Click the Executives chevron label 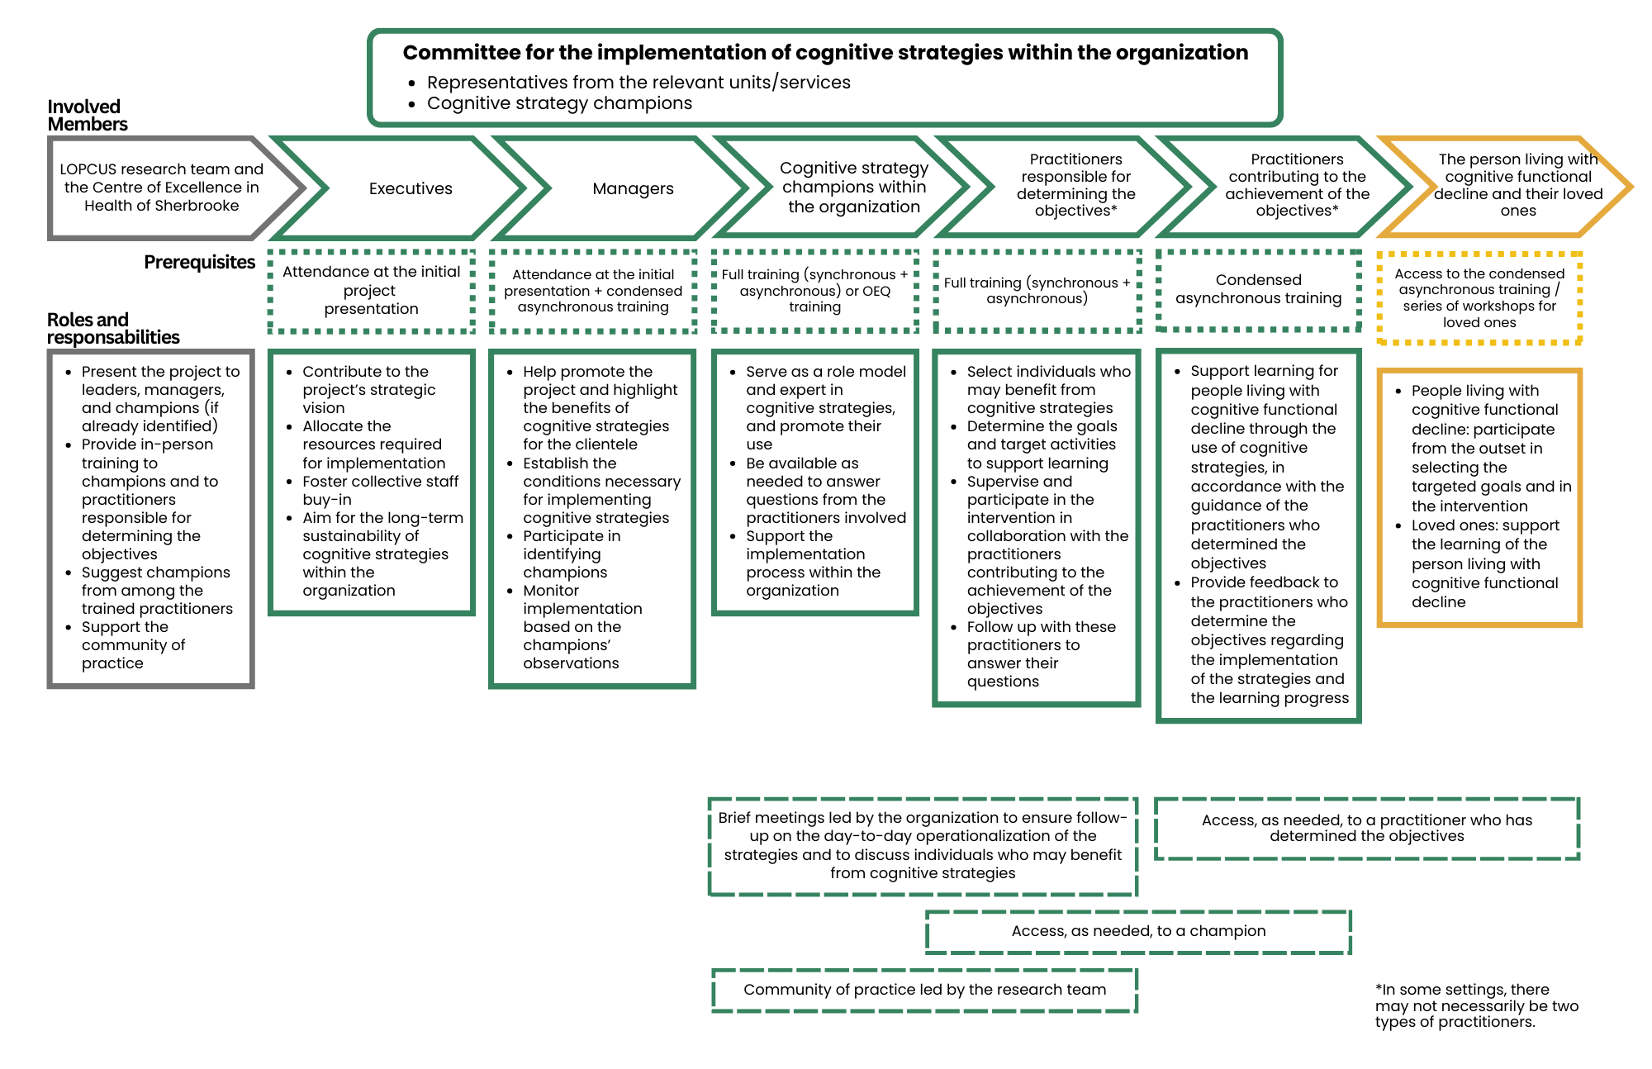(411, 188)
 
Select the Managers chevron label (633, 188)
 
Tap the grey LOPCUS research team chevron (162, 188)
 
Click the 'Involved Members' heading (87, 115)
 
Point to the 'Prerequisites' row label (199, 262)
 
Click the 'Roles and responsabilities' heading (112, 328)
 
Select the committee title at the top (824, 53)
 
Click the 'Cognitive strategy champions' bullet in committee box (559, 103)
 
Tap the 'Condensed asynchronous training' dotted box (1258, 289)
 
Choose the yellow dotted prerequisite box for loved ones (1479, 297)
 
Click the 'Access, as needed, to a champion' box (1138, 931)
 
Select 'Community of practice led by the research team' (924, 990)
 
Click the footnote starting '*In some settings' (1476, 1005)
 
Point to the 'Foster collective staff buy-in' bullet (380, 490)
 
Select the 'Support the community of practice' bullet (133, 644)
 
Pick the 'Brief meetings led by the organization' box (923, 845)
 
